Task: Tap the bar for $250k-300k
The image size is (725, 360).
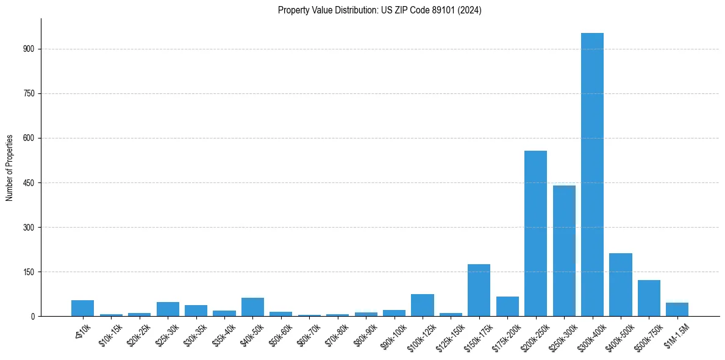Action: tap(564, 251)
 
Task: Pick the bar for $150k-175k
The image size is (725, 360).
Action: tap(479, 290)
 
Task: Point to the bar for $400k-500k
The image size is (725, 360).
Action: tap(621, 284)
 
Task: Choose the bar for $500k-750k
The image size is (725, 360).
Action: tap(649, 298)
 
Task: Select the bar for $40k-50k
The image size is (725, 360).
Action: tap(252, 307)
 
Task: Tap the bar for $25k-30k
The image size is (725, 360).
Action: tap(168, 309)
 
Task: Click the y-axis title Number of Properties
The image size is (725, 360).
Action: tap(9, 167)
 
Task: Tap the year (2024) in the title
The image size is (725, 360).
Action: tap(470, 10)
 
